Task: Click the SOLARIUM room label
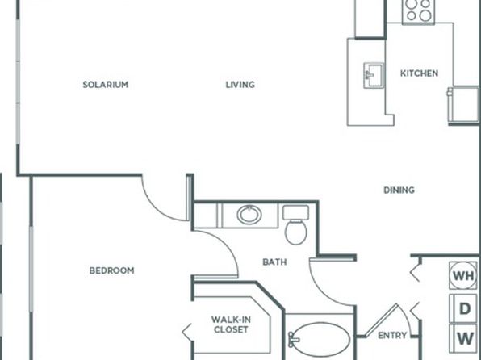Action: [106, 85]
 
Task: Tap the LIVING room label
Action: [240, 85]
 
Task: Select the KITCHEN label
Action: [419, 73]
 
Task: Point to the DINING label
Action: [399, 190]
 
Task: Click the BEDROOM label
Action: [111, 270]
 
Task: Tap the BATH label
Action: [275, 262]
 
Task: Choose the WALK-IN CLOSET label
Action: [231, 324]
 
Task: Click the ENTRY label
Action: [392, 336]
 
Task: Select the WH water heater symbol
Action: [463, 275]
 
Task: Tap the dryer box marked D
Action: [463, 309]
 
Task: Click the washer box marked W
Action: [463, 338]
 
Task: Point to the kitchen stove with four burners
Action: [418, 11]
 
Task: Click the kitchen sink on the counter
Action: [374, 76]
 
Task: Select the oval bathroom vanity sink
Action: [249, 215]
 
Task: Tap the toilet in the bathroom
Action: [295, 225]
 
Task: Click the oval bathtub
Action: [320, 340]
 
